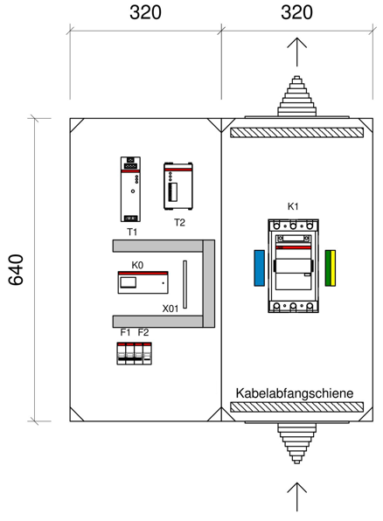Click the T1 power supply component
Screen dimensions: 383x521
click(130, 189)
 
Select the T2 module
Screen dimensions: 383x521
click(178, 186)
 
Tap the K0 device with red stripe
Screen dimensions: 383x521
click(143, 282)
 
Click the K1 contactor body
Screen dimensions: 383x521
click(293, 266)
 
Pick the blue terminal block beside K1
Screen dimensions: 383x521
click(260, 268)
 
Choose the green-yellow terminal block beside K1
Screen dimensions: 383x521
click(331, 268)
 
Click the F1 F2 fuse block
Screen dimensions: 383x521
click(135, 353)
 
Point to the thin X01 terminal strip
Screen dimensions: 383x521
click(185, 284)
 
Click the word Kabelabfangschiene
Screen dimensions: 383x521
click(295, 393)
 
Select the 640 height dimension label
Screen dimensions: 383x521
click(16, 270)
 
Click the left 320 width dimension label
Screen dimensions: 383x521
click(146, 12)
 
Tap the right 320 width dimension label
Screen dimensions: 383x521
click(297, 12)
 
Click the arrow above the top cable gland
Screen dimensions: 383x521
click(297, 52)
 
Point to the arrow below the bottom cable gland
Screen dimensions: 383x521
click(297, 497)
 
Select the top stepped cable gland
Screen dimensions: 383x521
click(297, 97)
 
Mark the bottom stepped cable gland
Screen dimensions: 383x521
click(297, 442)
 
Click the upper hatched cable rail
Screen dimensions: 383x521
click(297, 133)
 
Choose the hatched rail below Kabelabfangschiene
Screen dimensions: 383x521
click(297, 407)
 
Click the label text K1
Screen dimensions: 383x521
click(293, 206)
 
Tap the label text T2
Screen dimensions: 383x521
click(179, 223)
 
